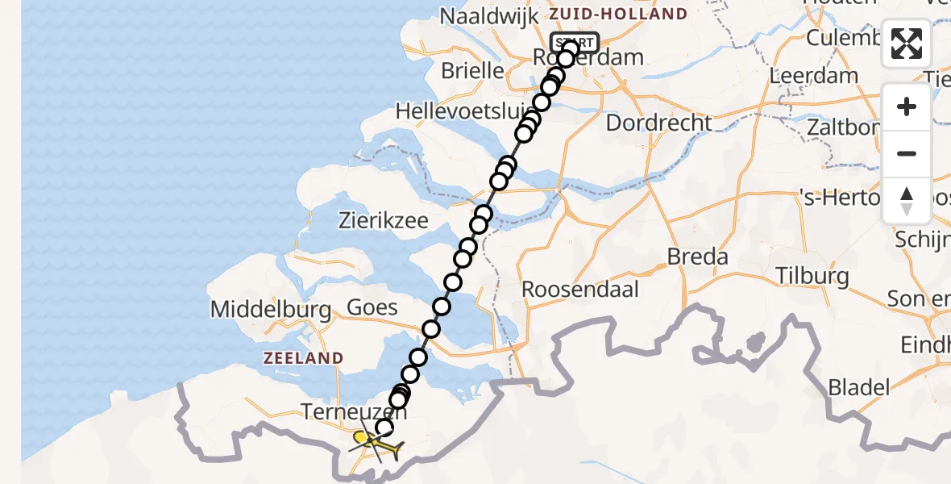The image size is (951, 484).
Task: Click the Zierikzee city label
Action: [394, 221]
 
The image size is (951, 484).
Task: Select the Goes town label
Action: [372, 307]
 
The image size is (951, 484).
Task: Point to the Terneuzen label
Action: [354, 412]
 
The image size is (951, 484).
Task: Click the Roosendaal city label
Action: [580, 289]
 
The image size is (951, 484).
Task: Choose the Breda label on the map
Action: [698, 257]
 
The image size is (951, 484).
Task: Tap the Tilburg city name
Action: [812, 275]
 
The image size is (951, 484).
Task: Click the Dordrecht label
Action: [659, 123]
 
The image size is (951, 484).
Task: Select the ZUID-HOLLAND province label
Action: [618, 14]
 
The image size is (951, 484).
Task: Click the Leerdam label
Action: [808, 76]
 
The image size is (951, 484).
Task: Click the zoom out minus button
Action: [907, 153]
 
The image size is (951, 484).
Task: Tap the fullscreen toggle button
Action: [907, 44]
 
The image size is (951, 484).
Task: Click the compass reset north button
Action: [907, 200]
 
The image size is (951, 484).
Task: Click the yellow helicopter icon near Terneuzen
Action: [372, 441]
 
